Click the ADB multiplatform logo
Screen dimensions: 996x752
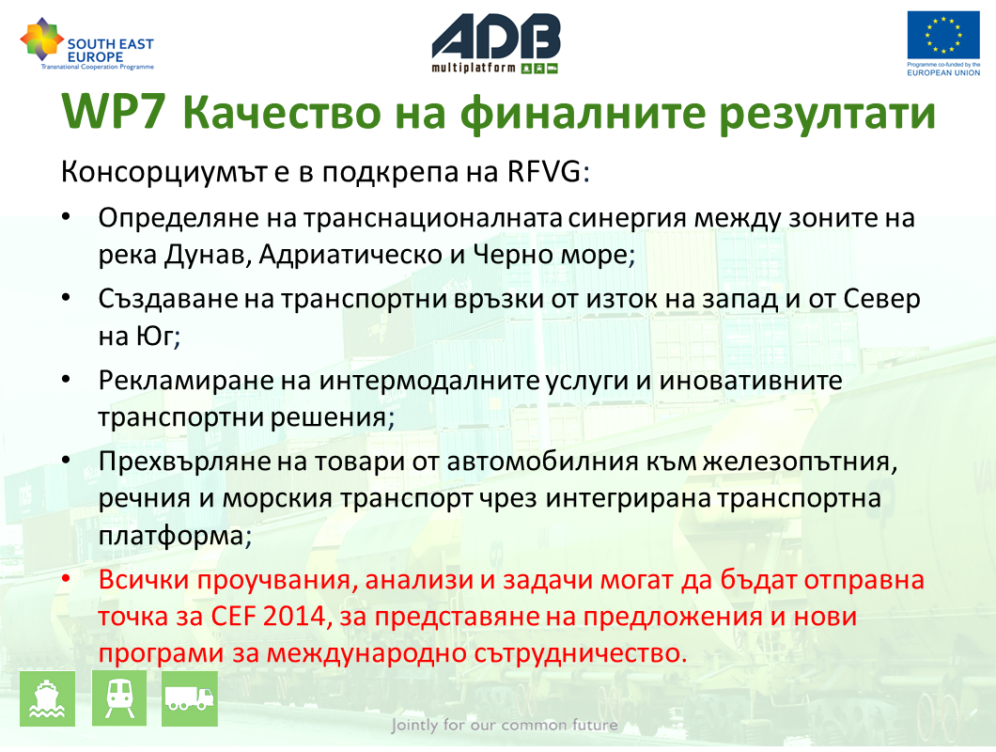[495, 43]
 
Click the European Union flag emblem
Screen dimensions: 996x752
[943, 36]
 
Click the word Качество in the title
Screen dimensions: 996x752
[282, 112]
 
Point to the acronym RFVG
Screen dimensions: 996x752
[544, 172]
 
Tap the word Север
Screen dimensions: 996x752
[881, 299]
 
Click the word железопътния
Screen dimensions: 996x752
[797, 462]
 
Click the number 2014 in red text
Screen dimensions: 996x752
[294, 616]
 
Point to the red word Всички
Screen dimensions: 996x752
[144, 580]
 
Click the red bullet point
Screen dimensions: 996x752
[66, 579]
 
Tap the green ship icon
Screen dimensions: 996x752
[47, 698]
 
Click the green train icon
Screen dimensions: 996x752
[119, 698]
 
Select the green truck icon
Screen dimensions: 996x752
[189, 698]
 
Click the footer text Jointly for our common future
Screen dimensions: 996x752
[505, 725]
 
